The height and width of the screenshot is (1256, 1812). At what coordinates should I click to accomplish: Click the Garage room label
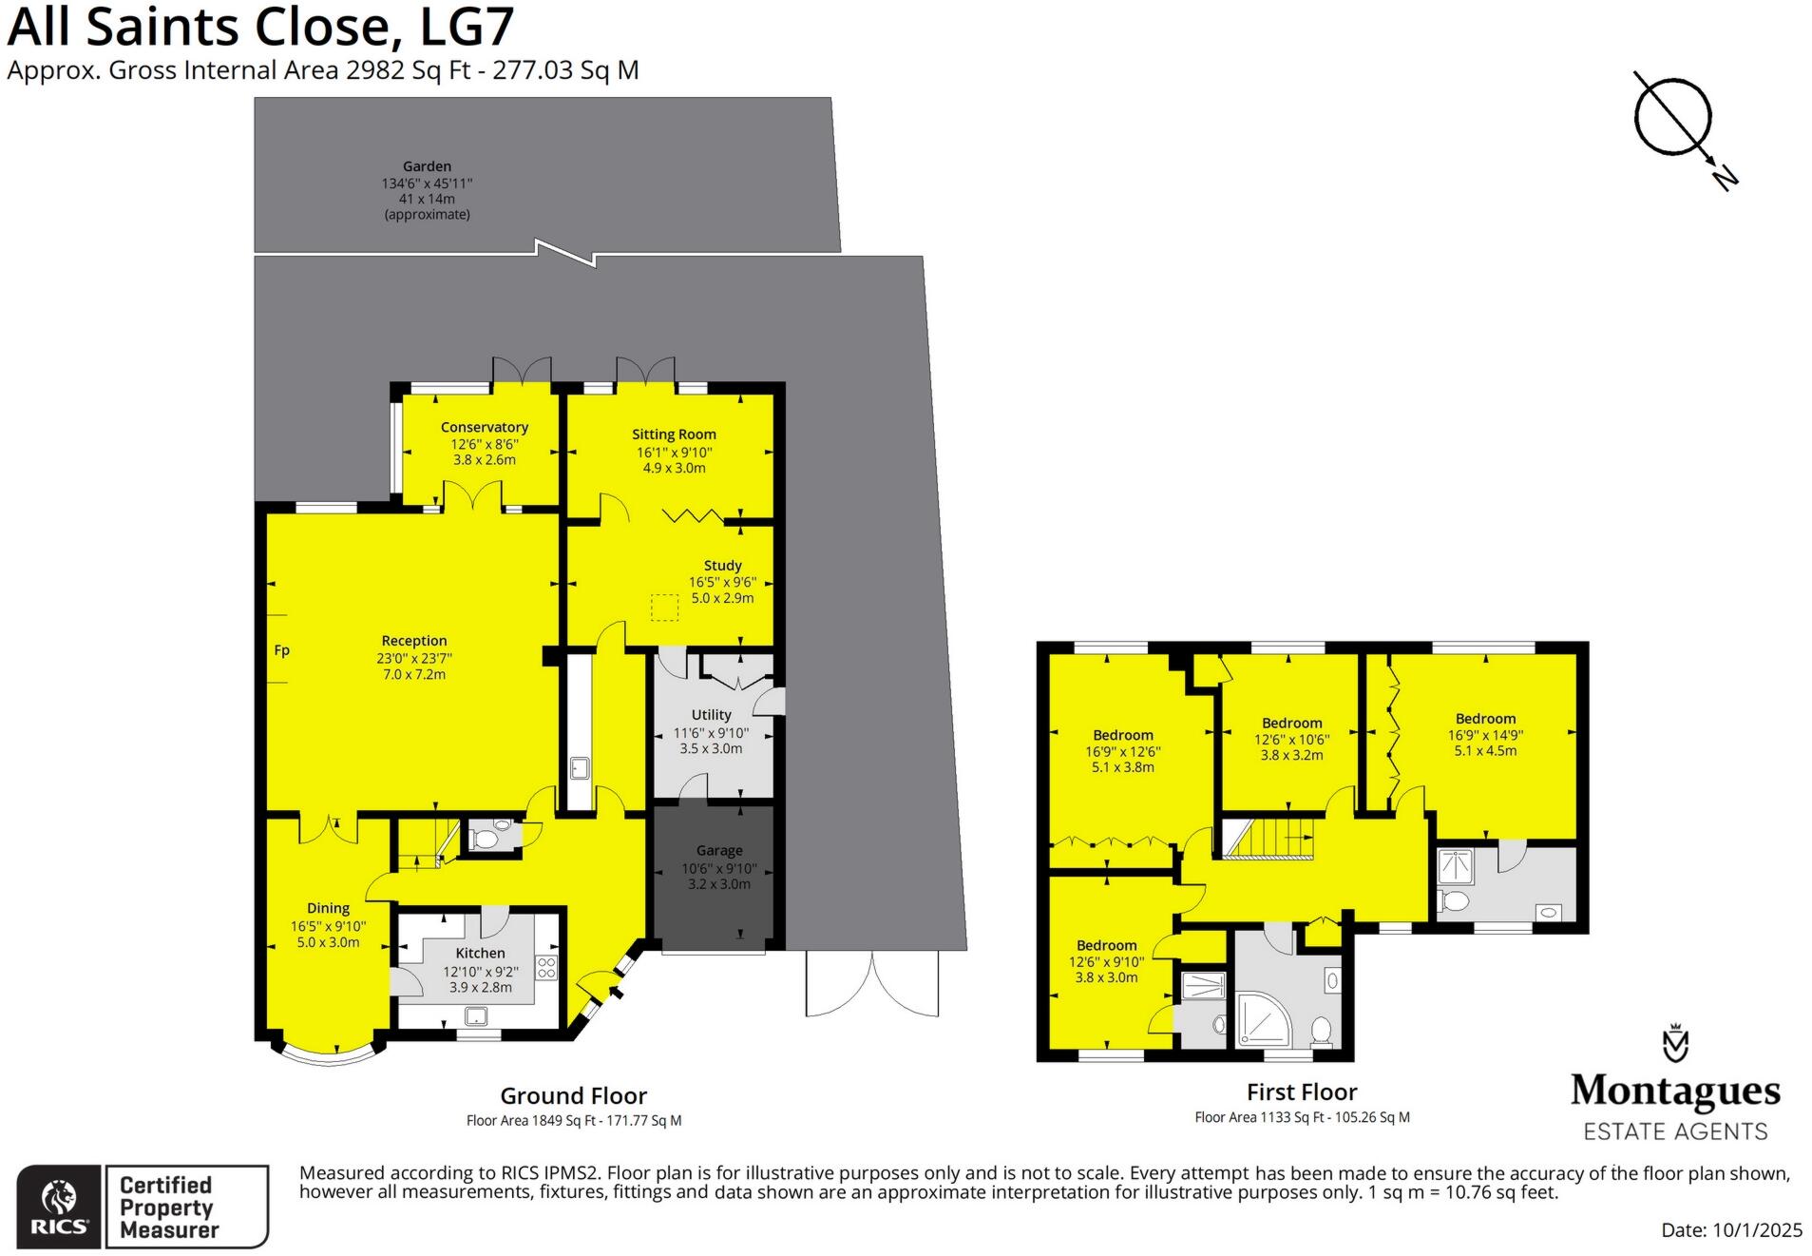(718, 850)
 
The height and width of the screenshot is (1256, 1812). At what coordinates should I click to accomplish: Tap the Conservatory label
(484, 427)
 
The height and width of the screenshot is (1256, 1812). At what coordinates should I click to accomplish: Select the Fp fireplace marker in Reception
(281, 650)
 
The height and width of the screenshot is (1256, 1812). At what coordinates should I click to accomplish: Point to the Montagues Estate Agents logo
(1674, 1084)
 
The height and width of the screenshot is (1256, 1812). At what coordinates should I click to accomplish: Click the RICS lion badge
(59, 1206)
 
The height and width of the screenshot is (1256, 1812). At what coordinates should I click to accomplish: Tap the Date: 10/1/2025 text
(1730, 1229)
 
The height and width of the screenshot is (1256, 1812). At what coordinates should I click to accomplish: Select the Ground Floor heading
(573, 1095)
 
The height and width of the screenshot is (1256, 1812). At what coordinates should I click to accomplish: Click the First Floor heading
(1301, 1092)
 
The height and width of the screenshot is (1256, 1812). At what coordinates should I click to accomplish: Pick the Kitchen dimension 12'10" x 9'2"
(481, 972)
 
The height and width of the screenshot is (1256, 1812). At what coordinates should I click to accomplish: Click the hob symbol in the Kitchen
(546, 968)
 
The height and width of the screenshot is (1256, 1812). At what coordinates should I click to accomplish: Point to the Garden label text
(427, 166)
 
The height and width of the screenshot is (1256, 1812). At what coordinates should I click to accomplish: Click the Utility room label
(711, 714)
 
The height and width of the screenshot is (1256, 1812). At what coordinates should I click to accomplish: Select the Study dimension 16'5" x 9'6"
(722, 582)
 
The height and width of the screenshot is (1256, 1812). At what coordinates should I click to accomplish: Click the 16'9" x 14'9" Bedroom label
(1485, 719)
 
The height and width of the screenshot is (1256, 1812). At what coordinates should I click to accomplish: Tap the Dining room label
(328, 908)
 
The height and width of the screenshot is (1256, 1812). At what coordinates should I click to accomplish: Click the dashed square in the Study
(664, 608)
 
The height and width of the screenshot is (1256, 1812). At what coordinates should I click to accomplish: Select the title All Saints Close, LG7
(260, 26)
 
